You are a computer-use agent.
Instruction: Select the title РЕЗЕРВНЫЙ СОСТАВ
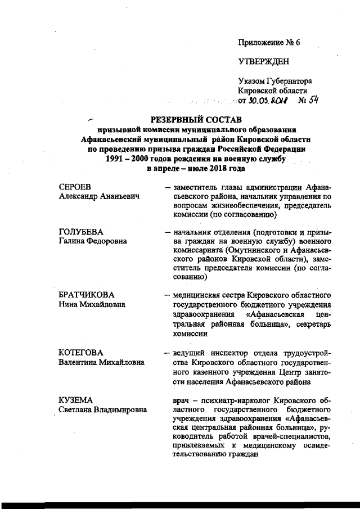(x=194, y=120)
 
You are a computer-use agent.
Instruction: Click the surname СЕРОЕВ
(x=75, y=187)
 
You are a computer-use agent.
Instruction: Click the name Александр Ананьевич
(x=99, y=196)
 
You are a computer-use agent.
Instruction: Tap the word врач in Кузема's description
(x=184, y=399)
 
